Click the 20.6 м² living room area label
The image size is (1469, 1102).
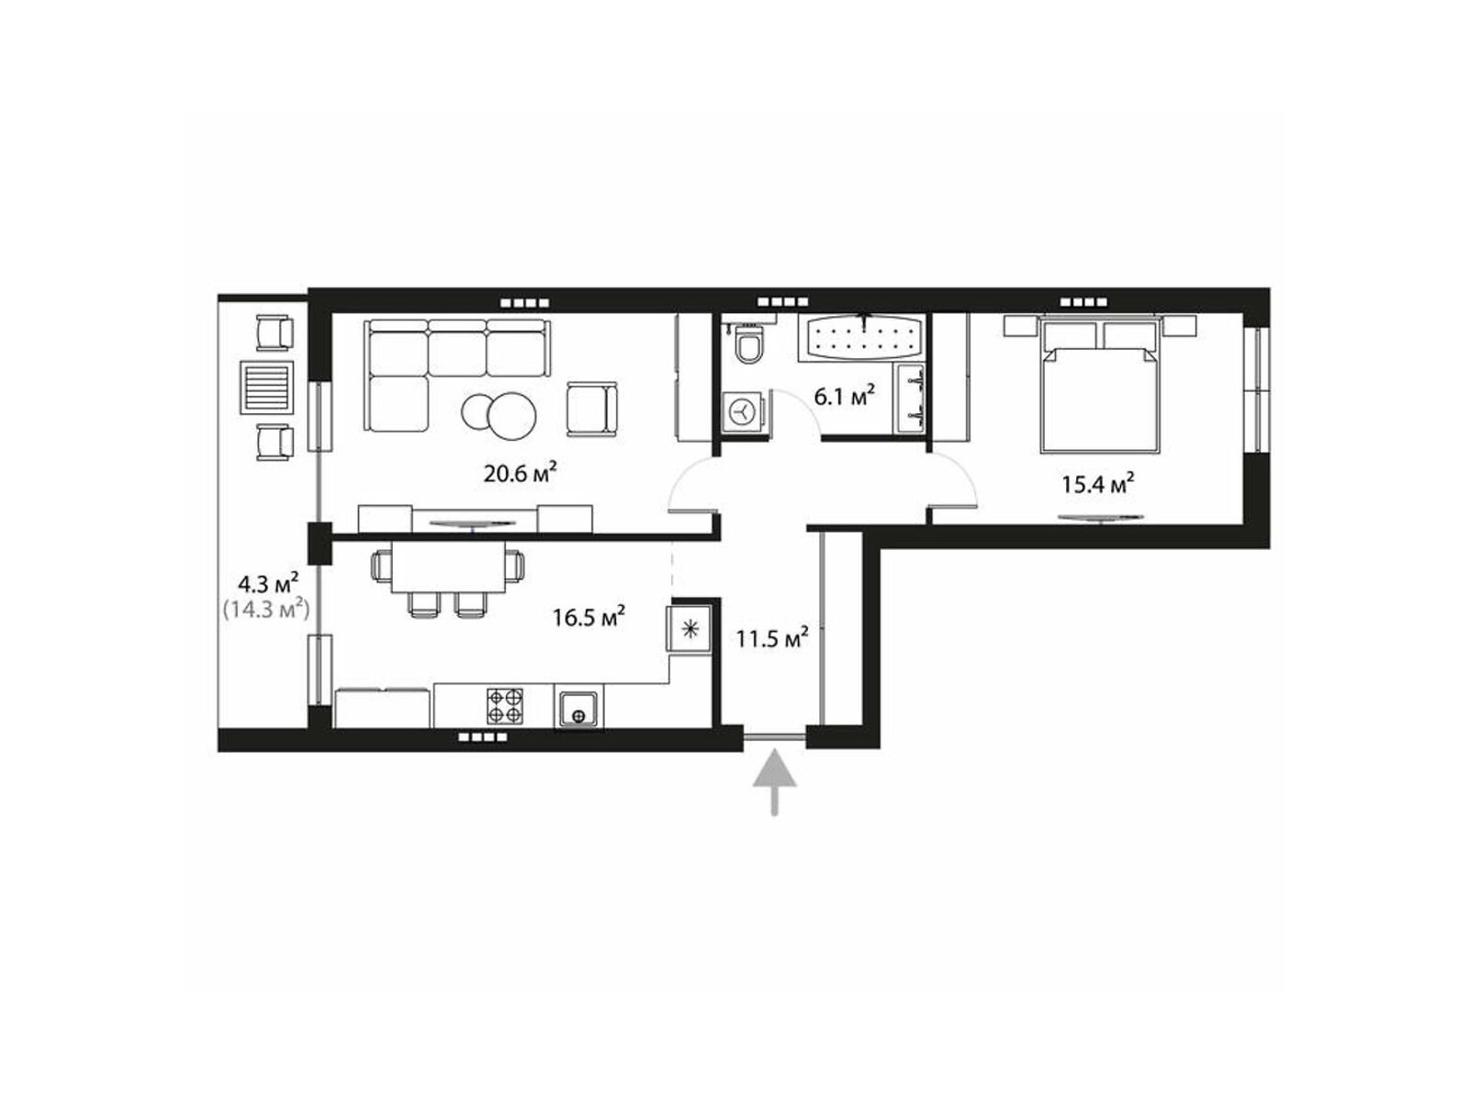(520, 473)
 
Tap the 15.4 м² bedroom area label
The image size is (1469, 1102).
(1097, 482)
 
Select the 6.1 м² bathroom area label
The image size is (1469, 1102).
(844, 396)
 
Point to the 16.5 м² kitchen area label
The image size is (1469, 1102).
(589, 615)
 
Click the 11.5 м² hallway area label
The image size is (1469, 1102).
(772, 637)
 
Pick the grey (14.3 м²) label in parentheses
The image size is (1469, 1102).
(265, 609)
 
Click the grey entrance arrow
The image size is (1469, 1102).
(774, 782)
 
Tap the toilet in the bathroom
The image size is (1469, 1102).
(747, 343)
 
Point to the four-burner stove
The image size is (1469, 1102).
(505, 706)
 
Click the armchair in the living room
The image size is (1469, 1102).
(591, 409)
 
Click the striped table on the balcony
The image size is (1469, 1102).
(266, 388)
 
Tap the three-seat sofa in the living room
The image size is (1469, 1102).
(457, 375)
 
